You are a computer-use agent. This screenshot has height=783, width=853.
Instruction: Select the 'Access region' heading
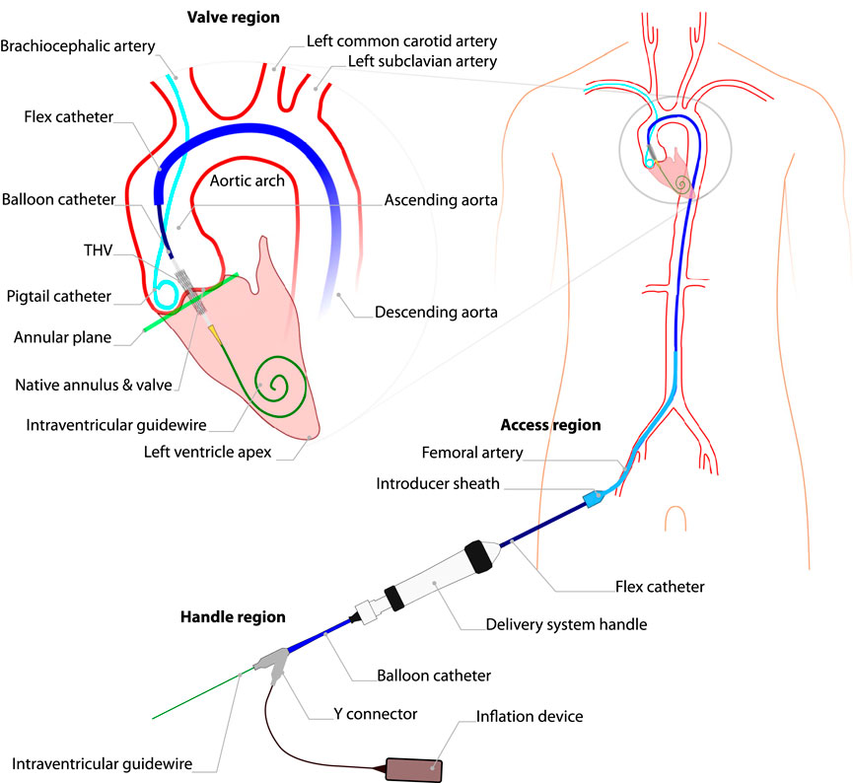point(550,425)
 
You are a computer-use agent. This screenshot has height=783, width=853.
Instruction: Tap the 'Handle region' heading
point(233,617)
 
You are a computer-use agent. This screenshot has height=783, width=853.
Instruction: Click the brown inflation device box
point(412,770)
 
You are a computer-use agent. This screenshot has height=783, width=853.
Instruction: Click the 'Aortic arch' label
point(247,181)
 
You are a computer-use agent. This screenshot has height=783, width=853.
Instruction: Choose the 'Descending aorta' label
point(436,313)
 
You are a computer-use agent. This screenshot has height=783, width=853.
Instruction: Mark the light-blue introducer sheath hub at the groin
point(594,500)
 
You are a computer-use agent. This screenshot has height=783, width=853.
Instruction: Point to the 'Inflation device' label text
point(530,716)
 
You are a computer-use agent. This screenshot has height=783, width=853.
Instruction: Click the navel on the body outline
point(675,519)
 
